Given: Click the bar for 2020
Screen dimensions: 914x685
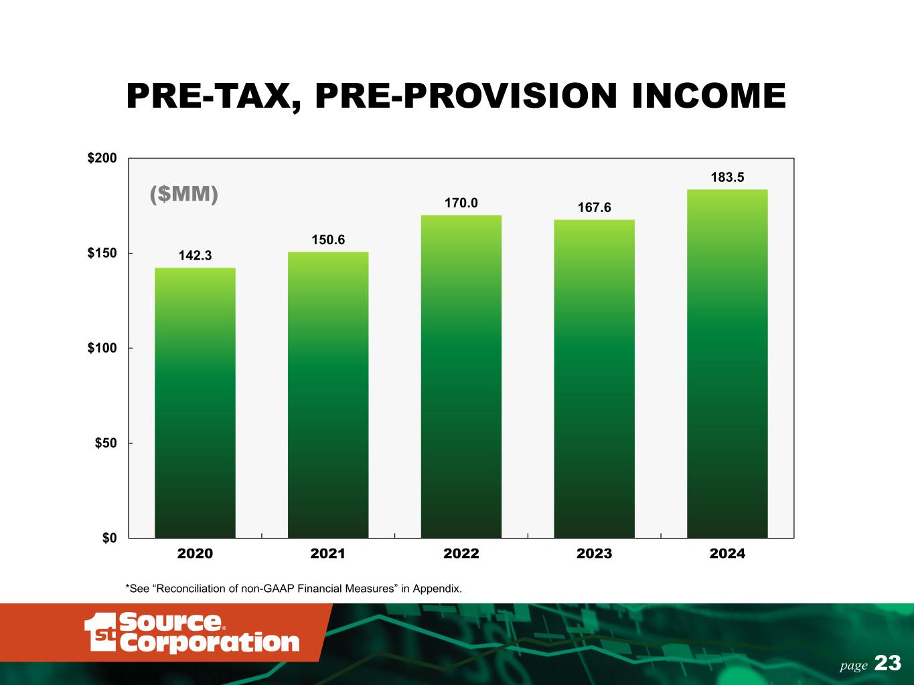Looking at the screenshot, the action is pos(195,403).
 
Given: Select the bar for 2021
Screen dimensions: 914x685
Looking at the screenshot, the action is pos(328,395).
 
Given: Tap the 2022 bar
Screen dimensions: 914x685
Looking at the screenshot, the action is pos(461,377).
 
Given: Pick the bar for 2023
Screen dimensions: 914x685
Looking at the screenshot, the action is pos(594,379).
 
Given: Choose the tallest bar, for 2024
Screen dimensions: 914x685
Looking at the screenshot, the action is pos(727,363).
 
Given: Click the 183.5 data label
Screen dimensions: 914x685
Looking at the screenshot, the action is pos(727,177).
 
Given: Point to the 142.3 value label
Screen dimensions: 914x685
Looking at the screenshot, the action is pos(195,256).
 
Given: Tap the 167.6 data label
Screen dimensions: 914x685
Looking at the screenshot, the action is pos(594,207).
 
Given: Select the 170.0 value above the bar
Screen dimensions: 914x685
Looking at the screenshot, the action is pos(461,203).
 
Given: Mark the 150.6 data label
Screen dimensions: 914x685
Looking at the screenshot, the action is pos(328,239).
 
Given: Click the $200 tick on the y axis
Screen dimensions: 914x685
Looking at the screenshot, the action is pos(102,158).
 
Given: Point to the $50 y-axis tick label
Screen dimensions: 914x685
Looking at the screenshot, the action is pos(106,443).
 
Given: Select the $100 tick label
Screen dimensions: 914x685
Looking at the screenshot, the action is pos(102,348).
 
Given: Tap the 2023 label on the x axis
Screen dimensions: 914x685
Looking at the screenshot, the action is pos(594,554).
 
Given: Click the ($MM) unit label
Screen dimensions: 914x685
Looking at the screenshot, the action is pos(183,194).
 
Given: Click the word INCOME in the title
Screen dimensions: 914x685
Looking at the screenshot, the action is pos(708,96).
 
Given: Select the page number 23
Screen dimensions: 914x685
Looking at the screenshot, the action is pos(887,663).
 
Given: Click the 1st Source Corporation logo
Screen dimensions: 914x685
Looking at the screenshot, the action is pos(192,632).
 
